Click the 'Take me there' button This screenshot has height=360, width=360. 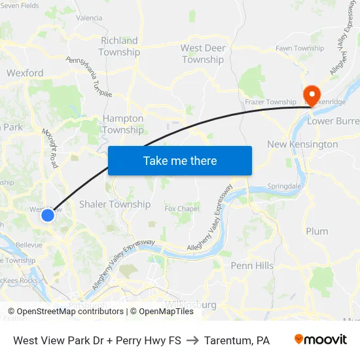(x=180, y=160)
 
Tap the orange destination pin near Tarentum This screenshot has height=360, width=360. (x=310, y=94)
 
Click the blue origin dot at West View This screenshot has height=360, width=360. (x=48, y=215)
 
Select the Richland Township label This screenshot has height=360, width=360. (x=119, y=46)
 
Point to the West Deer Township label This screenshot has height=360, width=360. (x=203, y=54)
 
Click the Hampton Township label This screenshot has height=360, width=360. (x=122, y=124)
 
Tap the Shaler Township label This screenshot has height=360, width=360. (x=115, y=204)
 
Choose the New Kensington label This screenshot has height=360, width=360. (x=302, y=144)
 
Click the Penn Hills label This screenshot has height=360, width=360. (x=252, y=266)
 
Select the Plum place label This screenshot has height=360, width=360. (x=317, y=231)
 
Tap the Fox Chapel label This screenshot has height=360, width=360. (x=181, y=209)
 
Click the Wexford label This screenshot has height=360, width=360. (x=25, y=73)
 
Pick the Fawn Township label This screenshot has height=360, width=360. (x=300, y=48)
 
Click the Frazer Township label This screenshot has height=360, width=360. (x=270, y=102)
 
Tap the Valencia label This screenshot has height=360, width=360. (x=89, y=18)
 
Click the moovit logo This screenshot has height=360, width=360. (x=321, y=340)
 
